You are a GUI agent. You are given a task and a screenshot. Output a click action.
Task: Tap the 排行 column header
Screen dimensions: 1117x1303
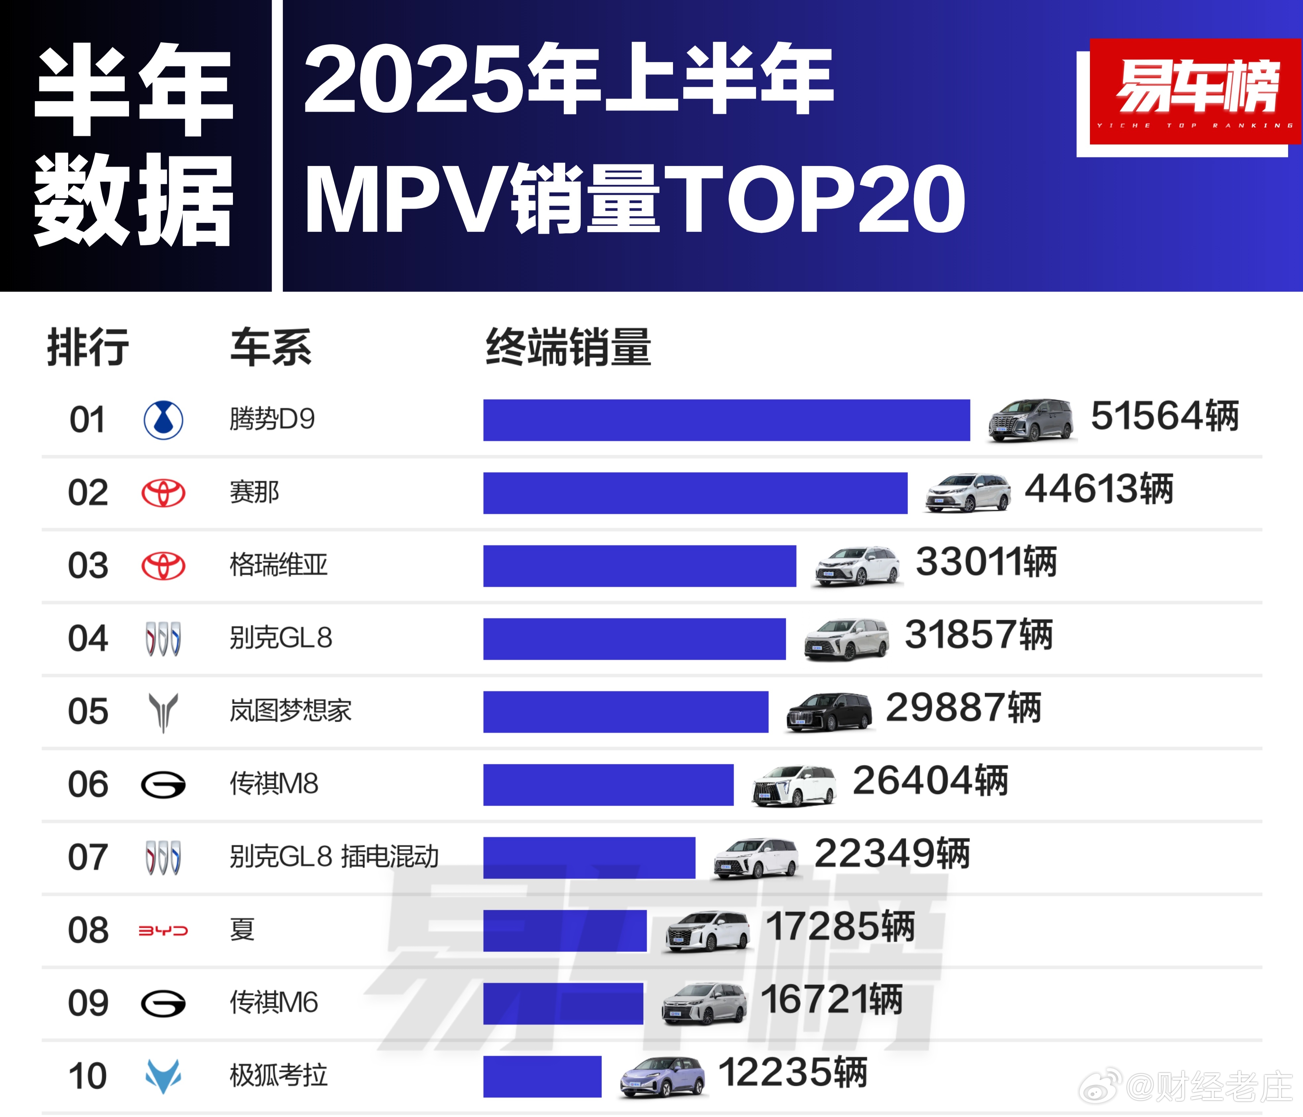88,347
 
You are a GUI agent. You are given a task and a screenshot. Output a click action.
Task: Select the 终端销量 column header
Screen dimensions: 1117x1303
568,347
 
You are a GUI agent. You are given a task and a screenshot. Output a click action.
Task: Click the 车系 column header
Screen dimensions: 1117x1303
270,347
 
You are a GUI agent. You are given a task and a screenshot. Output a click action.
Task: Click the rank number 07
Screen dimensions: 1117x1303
88,857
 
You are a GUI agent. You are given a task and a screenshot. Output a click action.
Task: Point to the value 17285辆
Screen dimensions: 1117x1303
840,926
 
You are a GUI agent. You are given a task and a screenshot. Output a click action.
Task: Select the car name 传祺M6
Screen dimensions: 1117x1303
274,1003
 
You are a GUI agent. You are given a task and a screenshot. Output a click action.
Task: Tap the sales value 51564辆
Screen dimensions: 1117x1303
1165,416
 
